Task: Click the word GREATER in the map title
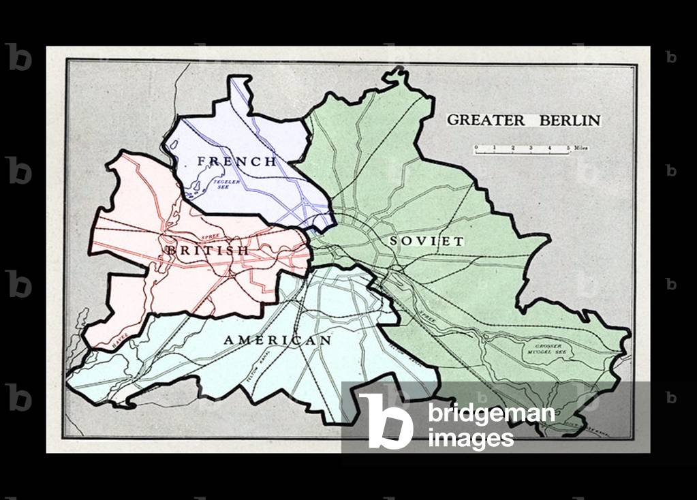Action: (486, 121)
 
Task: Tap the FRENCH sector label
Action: (236, 161)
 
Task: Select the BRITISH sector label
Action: (207, 251)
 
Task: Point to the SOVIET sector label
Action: (427, 241)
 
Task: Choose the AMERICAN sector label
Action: (278, 340)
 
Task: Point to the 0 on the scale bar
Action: (476, 147)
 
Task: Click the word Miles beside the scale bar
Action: (580, 147)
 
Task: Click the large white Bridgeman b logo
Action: (386, 420)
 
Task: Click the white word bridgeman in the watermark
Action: (491, 413)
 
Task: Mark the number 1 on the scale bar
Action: (495, 147)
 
